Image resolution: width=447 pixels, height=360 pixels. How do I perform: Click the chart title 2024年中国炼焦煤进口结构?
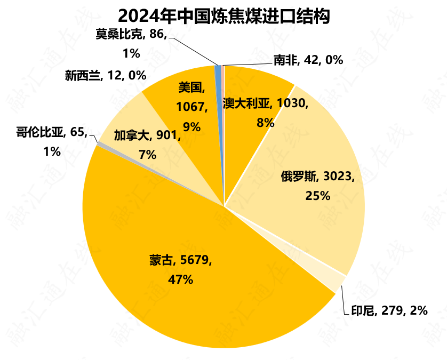click(223, 16)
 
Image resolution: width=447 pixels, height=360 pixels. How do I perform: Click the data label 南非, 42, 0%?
click(308, 60)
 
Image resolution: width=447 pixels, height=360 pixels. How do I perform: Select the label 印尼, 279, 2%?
click(389, 310)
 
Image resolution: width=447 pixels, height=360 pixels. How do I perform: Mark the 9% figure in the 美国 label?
click(191, 126)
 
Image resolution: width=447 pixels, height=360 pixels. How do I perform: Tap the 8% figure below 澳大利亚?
click(265, 123)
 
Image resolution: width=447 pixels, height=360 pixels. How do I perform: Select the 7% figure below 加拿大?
click(147, 155)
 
